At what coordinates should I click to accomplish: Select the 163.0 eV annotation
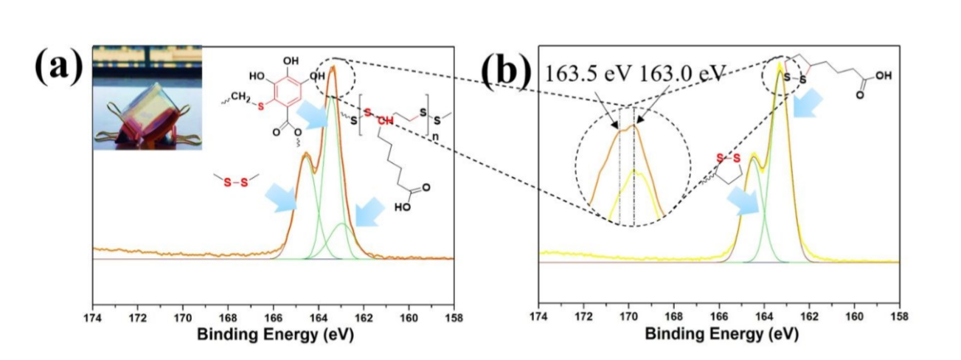tap(681, 75)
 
